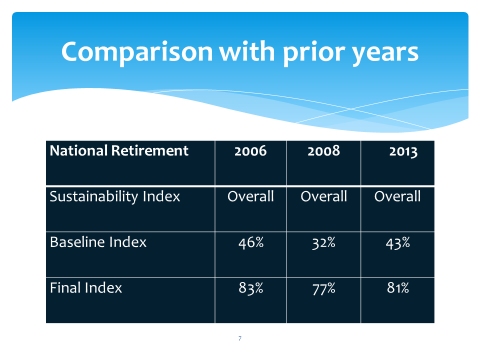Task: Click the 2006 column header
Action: point(250,152)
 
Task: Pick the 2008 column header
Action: point(323,152)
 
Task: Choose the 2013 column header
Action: point(397,152)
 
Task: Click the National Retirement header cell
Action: point(119,151)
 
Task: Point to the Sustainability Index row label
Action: point(115,196)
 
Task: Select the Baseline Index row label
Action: point(98,242)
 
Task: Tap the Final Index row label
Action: point(85,288)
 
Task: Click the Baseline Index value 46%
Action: point(250,243)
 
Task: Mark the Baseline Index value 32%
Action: point(323,243)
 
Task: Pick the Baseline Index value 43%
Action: point(397,243)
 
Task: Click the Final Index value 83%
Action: point(250,289)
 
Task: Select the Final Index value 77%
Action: point(323,289)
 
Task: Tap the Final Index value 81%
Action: point(397,289)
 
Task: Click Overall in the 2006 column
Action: point(250,196)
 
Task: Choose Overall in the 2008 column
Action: point(323,196)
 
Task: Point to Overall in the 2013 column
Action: point(397,196)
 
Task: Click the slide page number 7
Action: point(240,338)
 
